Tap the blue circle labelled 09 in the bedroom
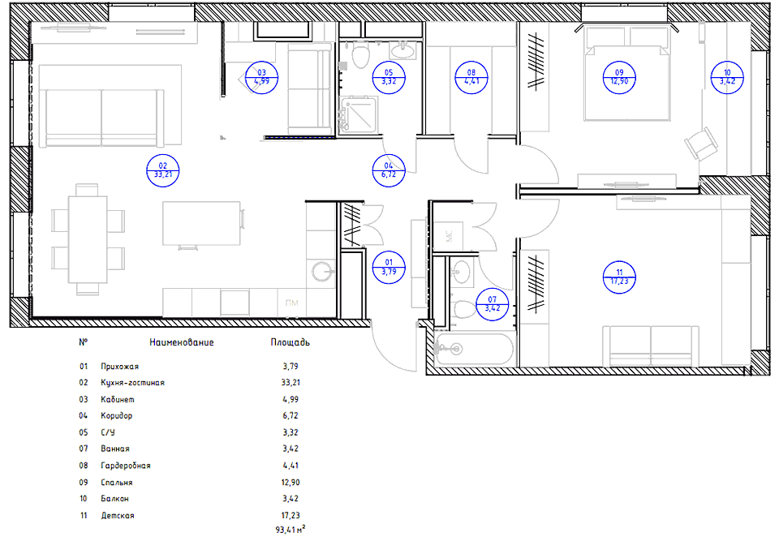(619, 78)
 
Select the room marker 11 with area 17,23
(619, 277)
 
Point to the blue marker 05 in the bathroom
(389, 78)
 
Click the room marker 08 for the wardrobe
(471, 78)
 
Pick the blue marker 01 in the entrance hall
(389, 267)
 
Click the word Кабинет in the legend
(117, 399)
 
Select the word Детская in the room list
(118, 516)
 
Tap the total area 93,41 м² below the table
(291, 530)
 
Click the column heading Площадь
(291, 342)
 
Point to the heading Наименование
(181, 342)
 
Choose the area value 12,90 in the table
(291, 483)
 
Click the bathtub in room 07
(473, 349)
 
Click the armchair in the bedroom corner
(701, 143)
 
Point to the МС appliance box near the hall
(448, 235)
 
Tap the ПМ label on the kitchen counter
(291, 303)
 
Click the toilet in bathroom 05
(360, 54)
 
